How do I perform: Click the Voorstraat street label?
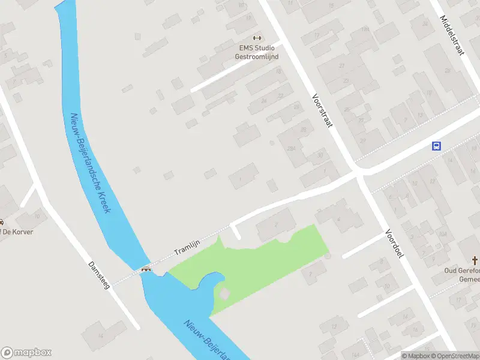(322, 110)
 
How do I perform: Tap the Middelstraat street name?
(452, 35)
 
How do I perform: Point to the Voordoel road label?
(395, 243)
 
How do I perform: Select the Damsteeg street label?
(99, 275)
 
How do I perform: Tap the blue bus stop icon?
(437, 146)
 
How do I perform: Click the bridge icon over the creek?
(146, 269)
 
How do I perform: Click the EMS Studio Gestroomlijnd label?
(256, 52)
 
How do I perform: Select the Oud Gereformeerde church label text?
(463, 275)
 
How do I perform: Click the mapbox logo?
(26, 352)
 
